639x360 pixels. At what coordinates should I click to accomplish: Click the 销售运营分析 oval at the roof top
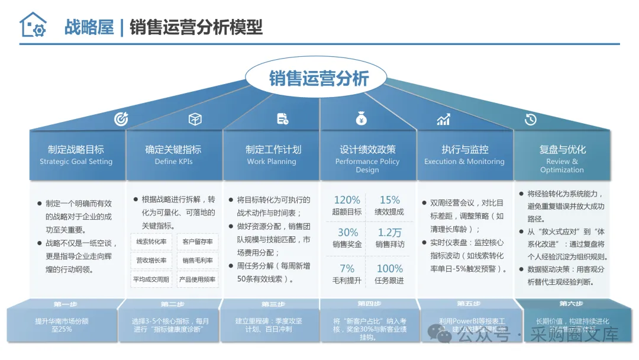(x=319, y=78)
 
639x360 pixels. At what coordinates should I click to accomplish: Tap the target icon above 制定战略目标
(x=121, y=119)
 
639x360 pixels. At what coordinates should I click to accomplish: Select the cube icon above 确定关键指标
(x=195, y=119)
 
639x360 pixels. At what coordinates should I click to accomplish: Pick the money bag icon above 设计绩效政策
(x=362, y=119)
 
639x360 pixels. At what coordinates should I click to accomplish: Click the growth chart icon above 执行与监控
(x=443, y=120)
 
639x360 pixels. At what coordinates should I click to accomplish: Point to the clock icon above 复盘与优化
(x=530, y=119)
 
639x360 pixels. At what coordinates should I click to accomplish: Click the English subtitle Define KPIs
(x=173, y=162)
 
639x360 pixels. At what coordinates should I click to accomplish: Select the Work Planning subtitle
(x=272, y=162)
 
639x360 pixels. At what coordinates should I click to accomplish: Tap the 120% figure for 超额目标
(x=347, y=200)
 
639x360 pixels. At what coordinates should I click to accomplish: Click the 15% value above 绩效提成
(x=390, y=200)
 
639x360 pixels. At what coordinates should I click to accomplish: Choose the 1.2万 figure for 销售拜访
(x=390, y=233)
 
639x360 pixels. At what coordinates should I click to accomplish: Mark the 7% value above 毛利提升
(x=347, y=269)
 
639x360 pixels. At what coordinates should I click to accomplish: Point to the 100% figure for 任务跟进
(x=390, y=269)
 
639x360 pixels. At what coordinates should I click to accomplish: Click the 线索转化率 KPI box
(x=151, y=242)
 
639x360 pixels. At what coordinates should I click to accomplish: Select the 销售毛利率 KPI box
(x=198, y=260)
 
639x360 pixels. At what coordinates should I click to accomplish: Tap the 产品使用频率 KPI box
(x=198, y=279)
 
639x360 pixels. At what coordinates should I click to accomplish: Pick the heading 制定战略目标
(x=76, y=150)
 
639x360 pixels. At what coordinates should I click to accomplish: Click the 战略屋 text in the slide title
(x=89, y=27)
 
